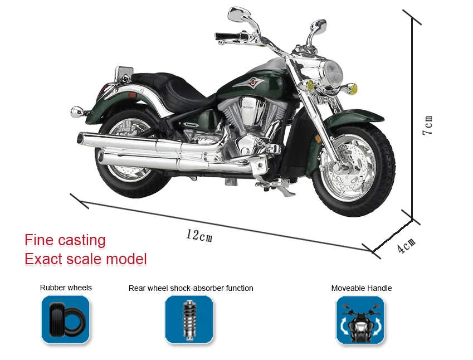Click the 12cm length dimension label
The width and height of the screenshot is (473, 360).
point(199,235)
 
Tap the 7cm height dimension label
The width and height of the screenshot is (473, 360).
point(428,125)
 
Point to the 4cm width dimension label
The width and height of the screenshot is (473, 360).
point(406,245)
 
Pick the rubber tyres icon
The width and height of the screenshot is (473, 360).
point(65,319)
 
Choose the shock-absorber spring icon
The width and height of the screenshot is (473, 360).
point(189,319)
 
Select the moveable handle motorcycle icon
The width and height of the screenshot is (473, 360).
point(360,320)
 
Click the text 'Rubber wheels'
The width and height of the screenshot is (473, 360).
point(66,288)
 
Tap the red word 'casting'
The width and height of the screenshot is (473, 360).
point(81,241)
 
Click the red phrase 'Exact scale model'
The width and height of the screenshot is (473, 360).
point(86,259)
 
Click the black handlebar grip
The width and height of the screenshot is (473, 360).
point(227,36)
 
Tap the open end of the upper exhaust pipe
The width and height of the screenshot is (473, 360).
point(80,139)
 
